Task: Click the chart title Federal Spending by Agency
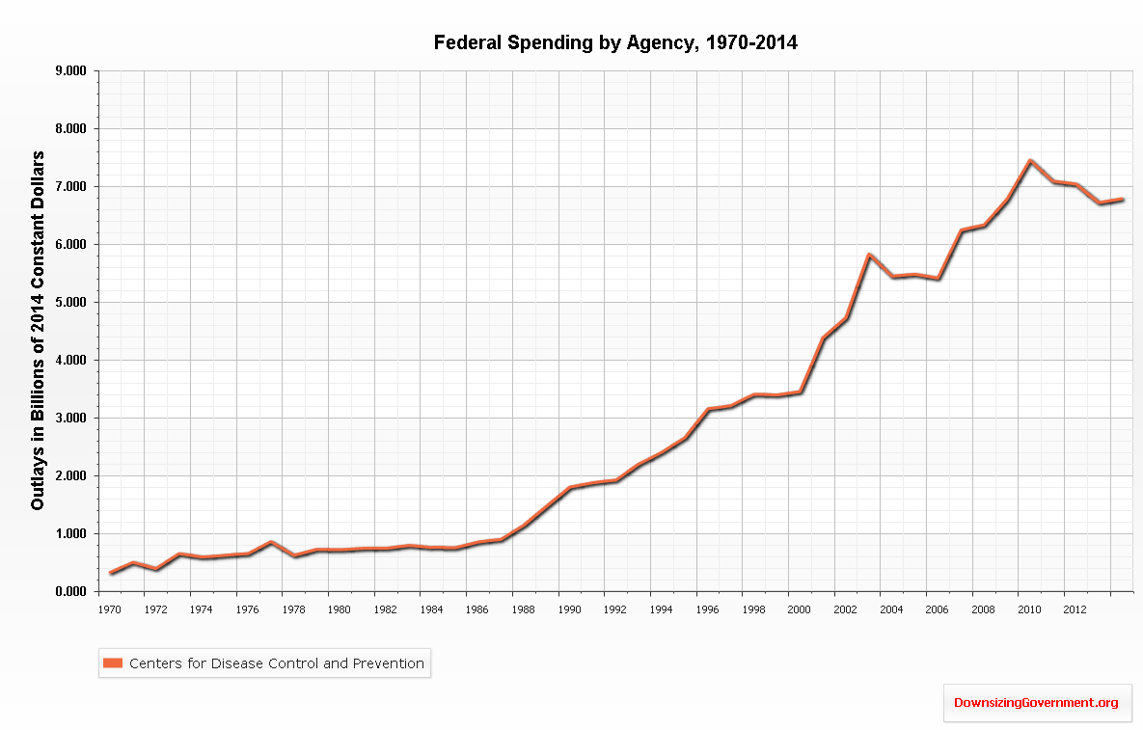[x=615, y=42]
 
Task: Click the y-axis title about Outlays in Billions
[x=38, y=331]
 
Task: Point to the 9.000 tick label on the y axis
[x=71, y=71]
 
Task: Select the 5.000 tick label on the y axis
[x=71, y=303]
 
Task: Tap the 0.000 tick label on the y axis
[x=71, y=592]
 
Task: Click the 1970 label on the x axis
[x=109, y=609]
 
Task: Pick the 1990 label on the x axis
[x=570, y=609]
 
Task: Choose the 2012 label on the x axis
[x=1076, y=609]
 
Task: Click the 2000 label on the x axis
[x=800, y=609]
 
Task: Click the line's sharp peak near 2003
[x=869, y=255]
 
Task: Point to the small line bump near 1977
[x=271, y=542]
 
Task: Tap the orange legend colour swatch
[x=114, y=662]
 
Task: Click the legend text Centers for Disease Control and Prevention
[x=277, y=662]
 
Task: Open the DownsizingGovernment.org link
[x=1036, y=703]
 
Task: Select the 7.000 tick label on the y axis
[x=71, y=187]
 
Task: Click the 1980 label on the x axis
[x=339, y=609]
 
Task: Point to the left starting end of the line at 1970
[x=111, y=573]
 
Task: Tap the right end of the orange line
[x=1123, y=200]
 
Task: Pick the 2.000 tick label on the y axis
[x=71, y=476]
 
